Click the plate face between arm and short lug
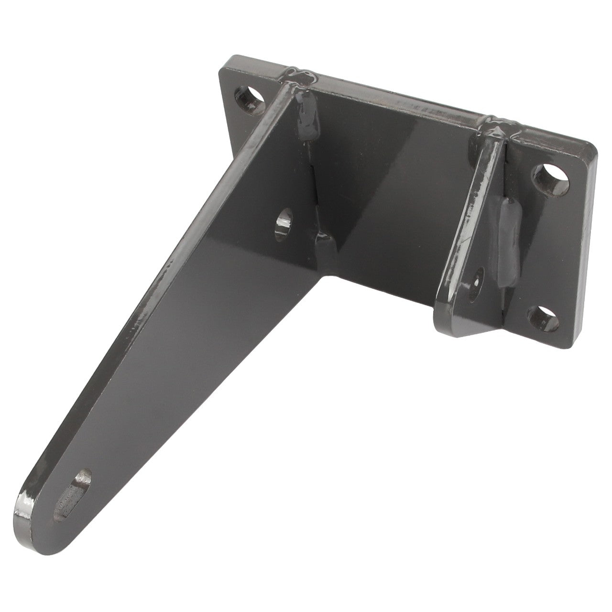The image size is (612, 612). (x=392, y=191)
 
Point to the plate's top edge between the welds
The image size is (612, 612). (x=397, y=93)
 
